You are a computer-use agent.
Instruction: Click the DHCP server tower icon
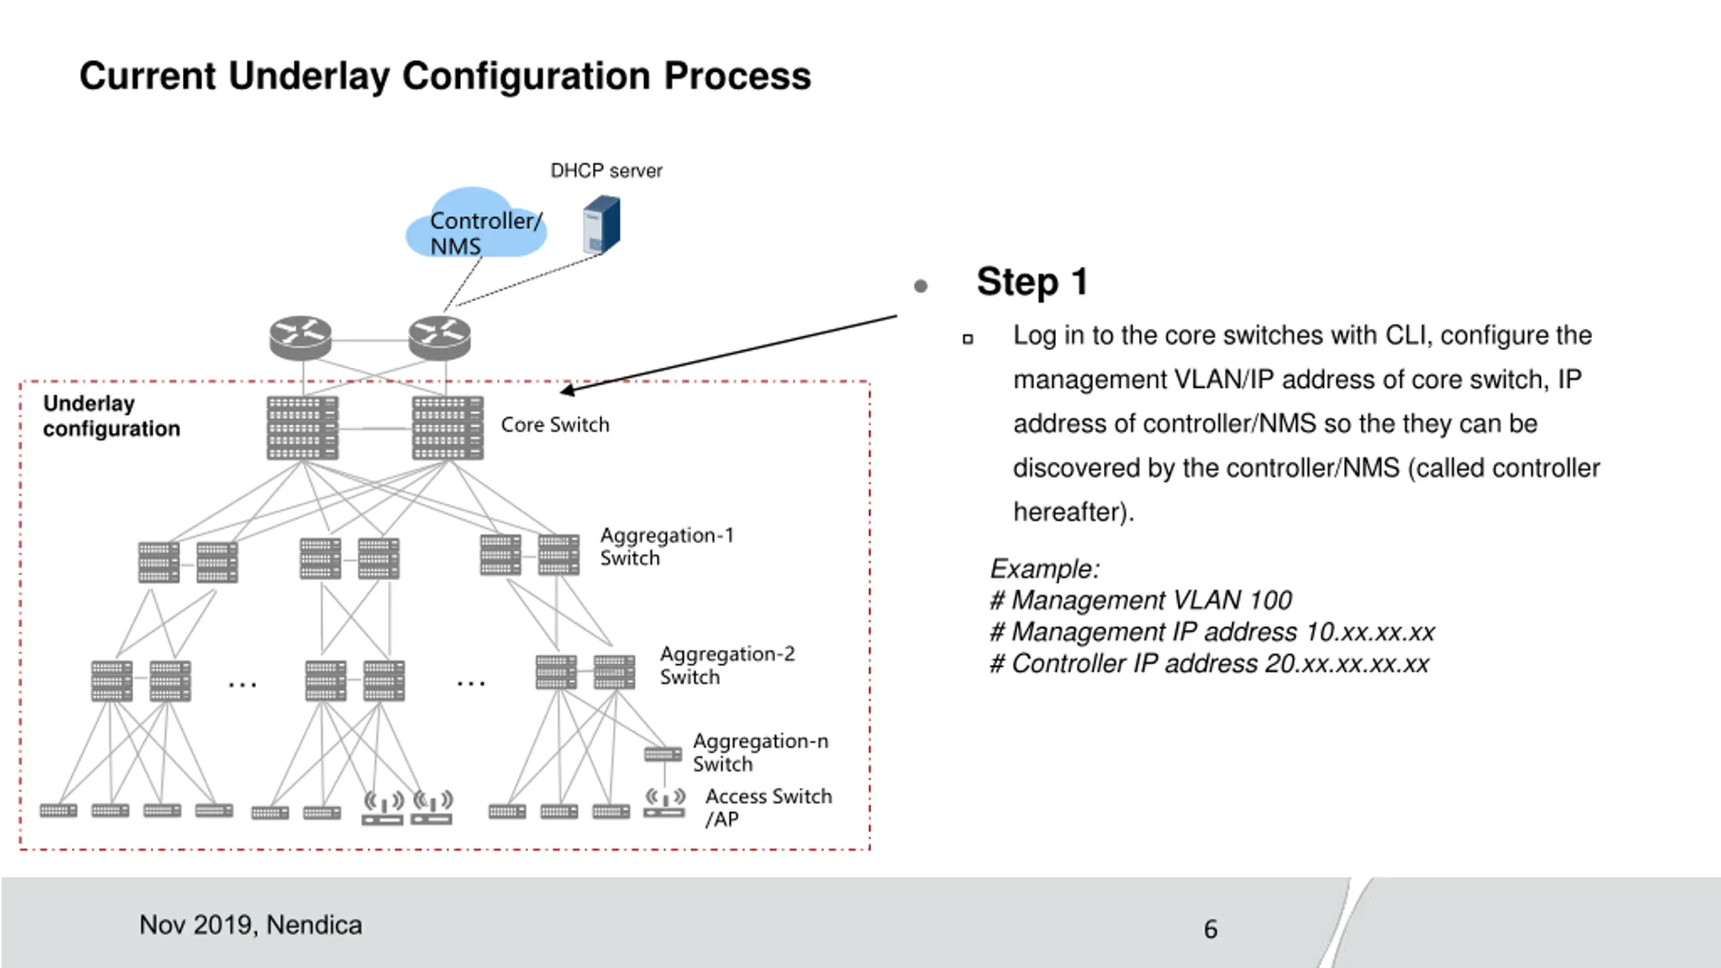[x=601, y=225]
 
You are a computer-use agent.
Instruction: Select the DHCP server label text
[x=606, y=171]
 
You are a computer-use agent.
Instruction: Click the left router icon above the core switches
[x=301, y=338]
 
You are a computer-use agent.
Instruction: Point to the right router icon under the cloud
[x=440, y=338]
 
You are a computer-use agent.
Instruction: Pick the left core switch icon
[x=303, y=428]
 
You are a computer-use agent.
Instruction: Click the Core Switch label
[x=555, y=425]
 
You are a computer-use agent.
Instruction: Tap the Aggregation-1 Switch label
[x=667, y=547]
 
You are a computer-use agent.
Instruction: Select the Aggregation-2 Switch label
[x=727, y=665]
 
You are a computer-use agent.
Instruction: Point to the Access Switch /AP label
[x=768, y=807]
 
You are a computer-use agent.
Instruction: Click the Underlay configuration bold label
[x=112, y=416]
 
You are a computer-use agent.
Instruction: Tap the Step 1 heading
[x=1033, y=282]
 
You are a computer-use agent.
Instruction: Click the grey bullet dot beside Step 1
[x=921, y=286]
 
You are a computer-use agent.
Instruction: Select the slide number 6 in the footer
[x=1211, y=930]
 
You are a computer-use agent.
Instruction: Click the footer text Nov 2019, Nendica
[x=251, y=926]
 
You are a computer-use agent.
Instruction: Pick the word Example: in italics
[x=1045, y=569]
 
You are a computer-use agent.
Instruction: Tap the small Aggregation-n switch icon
[x=663, y=754]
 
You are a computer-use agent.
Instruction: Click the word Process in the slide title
[x=737, y=76]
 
